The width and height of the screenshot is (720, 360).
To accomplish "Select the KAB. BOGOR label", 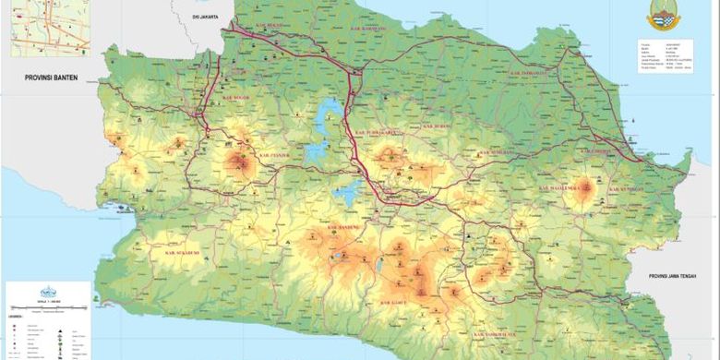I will pyautogui.click(x=233, y=93).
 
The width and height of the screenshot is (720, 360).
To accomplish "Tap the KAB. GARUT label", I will pyautogui.click(x=397, y=301).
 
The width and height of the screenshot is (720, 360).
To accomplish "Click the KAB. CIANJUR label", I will pyautogui.click(x=274, y=155).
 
